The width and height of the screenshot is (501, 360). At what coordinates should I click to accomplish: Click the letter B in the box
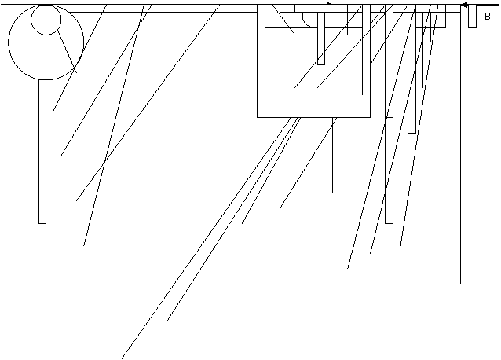point(487,17)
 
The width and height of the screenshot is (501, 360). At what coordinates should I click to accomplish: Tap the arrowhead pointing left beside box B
point(465,6)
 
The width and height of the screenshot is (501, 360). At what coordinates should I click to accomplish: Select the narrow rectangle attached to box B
point(472,16)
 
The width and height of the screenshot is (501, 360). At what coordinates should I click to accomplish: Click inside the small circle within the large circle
point(46,20)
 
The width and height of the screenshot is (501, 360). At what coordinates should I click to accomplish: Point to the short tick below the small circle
point(46,39)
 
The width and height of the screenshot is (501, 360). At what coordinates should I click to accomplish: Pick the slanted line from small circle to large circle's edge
point(67,52)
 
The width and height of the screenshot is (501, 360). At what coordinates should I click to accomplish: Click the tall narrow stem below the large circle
point(42,151)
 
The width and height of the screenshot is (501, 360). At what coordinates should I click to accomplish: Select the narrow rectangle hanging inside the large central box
point(321,39)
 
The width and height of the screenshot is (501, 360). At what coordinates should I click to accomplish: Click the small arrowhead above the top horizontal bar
point(329,3)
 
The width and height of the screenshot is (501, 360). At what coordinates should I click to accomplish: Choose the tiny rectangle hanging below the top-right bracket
point(427,35)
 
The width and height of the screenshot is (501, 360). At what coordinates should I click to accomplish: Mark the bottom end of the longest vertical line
point(460,283)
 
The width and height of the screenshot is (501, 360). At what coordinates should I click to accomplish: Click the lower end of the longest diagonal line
point(122,358)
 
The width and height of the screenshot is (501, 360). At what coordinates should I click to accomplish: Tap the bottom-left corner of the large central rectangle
point(258,117)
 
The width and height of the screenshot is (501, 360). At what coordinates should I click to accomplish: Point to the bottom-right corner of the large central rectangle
point(371,117)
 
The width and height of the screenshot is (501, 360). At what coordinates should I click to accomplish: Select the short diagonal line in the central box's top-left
point(283,20)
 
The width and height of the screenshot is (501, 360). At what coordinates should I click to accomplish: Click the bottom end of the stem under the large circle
point(42,223)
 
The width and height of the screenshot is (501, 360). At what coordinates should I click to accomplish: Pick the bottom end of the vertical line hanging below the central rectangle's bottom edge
point(332,193)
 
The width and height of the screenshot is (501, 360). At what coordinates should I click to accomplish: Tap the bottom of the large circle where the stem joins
point(42,79)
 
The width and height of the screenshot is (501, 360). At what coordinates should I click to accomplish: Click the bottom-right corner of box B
point(499,28)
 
